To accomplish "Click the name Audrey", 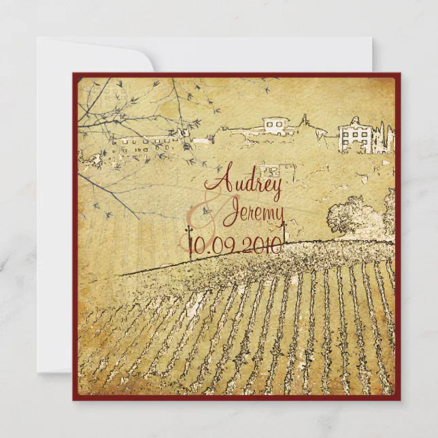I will tap(246, 182).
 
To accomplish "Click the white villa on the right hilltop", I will tap(356, 136).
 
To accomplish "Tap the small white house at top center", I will tap(275, 126).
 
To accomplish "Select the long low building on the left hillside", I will tap(146, 144).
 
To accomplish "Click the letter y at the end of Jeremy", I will tap(277, 216).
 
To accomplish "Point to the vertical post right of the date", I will tap(284, 233).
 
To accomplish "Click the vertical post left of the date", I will tap(190, 239).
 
